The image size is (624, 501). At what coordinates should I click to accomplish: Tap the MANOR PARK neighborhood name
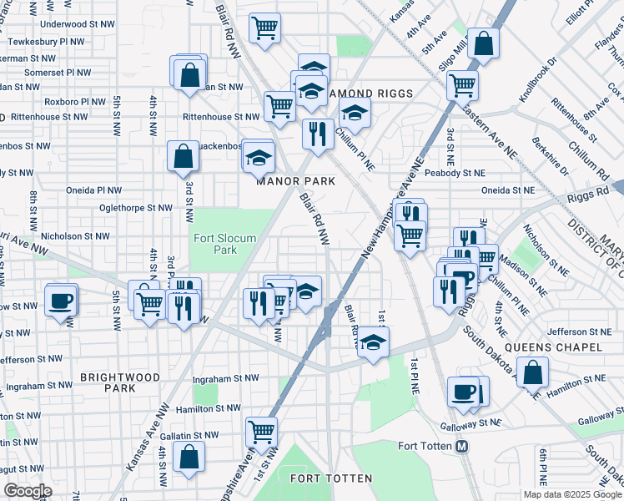295,181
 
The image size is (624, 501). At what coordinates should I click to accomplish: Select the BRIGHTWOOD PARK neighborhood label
120,383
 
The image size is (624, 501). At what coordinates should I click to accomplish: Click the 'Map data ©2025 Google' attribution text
572,494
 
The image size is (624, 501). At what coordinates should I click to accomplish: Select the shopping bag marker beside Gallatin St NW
189,457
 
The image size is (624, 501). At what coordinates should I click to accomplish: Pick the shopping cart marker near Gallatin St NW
261,433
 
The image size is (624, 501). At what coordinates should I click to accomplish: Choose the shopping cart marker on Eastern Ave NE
461,84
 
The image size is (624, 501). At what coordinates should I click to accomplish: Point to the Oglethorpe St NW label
135,208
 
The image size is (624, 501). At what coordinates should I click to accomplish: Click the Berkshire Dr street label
551,156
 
